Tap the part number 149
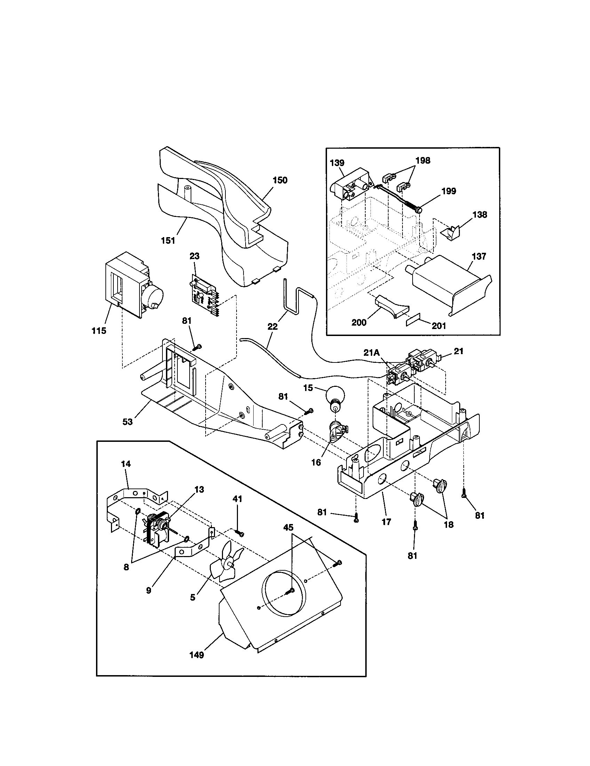tap(197, 655)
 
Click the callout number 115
tap(99, 331)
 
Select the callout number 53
tap(128, 422)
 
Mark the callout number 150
tap(280, 180)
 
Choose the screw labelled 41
tap(240, 533)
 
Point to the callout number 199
tap(449, 191)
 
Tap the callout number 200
tap(359, 322)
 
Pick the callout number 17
tap(386, 522)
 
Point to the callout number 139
tap(337, 163)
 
